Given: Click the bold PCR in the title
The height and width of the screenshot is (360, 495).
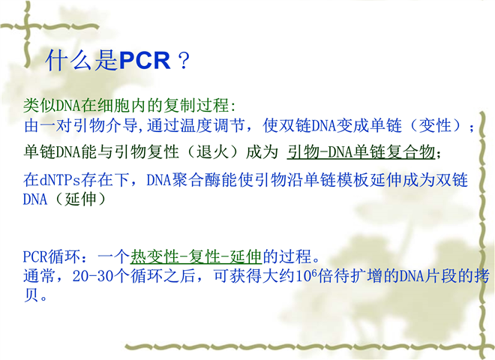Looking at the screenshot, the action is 145,60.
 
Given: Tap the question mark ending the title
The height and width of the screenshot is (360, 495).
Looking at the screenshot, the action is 184,61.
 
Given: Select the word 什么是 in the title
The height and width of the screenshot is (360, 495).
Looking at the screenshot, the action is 82,60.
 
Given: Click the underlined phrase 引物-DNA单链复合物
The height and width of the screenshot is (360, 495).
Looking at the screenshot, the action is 361,152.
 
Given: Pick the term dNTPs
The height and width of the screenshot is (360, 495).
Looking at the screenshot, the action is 60,180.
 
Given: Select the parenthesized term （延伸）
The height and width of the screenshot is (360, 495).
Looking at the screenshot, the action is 79,199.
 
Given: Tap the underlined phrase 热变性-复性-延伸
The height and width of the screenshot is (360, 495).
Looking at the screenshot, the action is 196,256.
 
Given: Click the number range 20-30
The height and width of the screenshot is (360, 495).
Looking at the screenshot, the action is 92,276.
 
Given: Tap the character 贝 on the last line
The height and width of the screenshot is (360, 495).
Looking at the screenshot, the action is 31,295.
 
